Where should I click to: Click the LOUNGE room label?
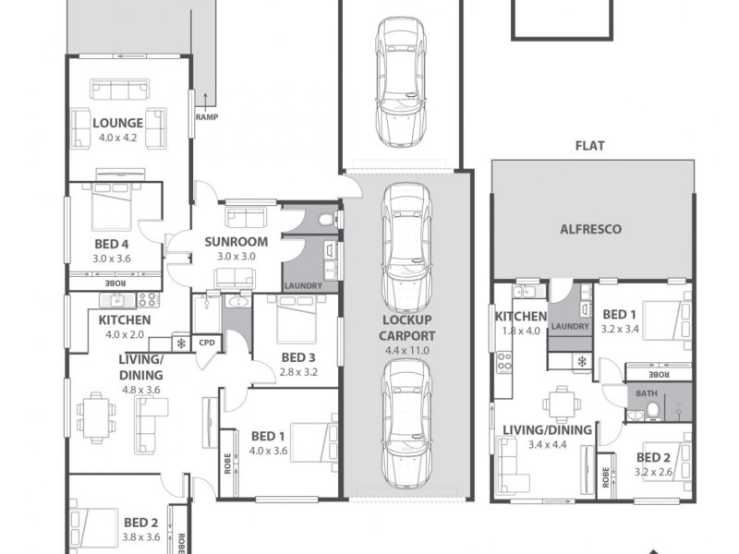point(117,123)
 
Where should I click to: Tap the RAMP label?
point(206,117)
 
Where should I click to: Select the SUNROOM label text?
point(236,242)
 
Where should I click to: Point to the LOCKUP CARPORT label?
point(407,327)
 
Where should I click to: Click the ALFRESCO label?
point(591,228)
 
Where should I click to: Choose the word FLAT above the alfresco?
point(590,146)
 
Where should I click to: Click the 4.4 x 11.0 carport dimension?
point(407,351)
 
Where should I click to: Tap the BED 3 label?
point(298,358)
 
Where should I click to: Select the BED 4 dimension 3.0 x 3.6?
point(113,259)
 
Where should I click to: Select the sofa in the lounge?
point(117,90)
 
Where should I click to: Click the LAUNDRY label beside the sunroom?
point(303,286)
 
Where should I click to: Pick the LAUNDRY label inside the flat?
point(569,326)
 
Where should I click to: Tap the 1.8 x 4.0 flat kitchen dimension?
point(520,331)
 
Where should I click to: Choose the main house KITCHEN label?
point(125,320)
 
